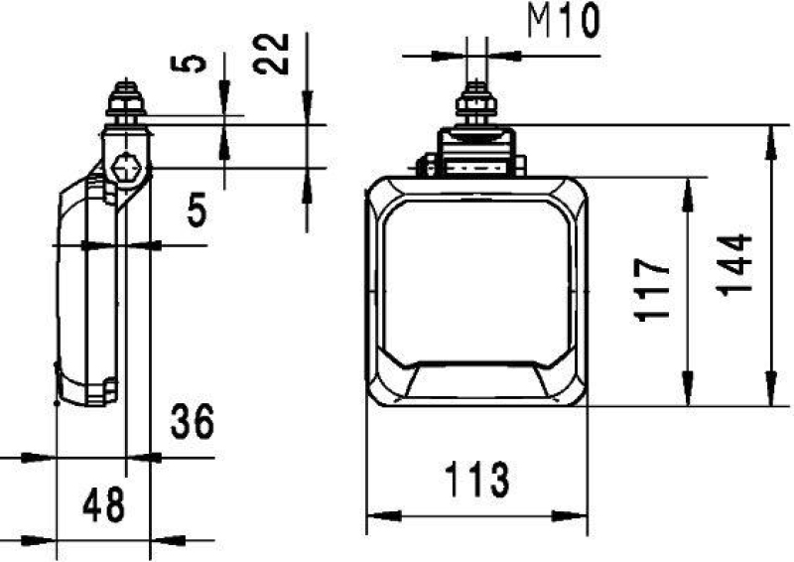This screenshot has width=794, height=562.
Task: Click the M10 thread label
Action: coord(563,21)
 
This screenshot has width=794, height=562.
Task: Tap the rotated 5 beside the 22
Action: coord(197,63)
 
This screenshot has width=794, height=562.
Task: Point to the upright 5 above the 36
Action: coord(197,211)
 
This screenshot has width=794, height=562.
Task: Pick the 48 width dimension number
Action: coord(103,505)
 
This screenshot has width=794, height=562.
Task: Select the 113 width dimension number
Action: coord(477,482)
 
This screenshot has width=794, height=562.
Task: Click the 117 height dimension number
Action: coord(654,290)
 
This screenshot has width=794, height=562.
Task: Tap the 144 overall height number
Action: coord(734,264)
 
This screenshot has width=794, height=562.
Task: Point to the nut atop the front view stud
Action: coord(476,102)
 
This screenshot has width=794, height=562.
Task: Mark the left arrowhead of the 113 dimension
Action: coord(383,516)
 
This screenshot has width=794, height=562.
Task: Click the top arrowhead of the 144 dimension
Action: coord(770,141)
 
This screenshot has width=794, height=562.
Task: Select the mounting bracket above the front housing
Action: coord(477,151)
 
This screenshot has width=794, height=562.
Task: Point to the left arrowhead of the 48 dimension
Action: coord(40,541)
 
